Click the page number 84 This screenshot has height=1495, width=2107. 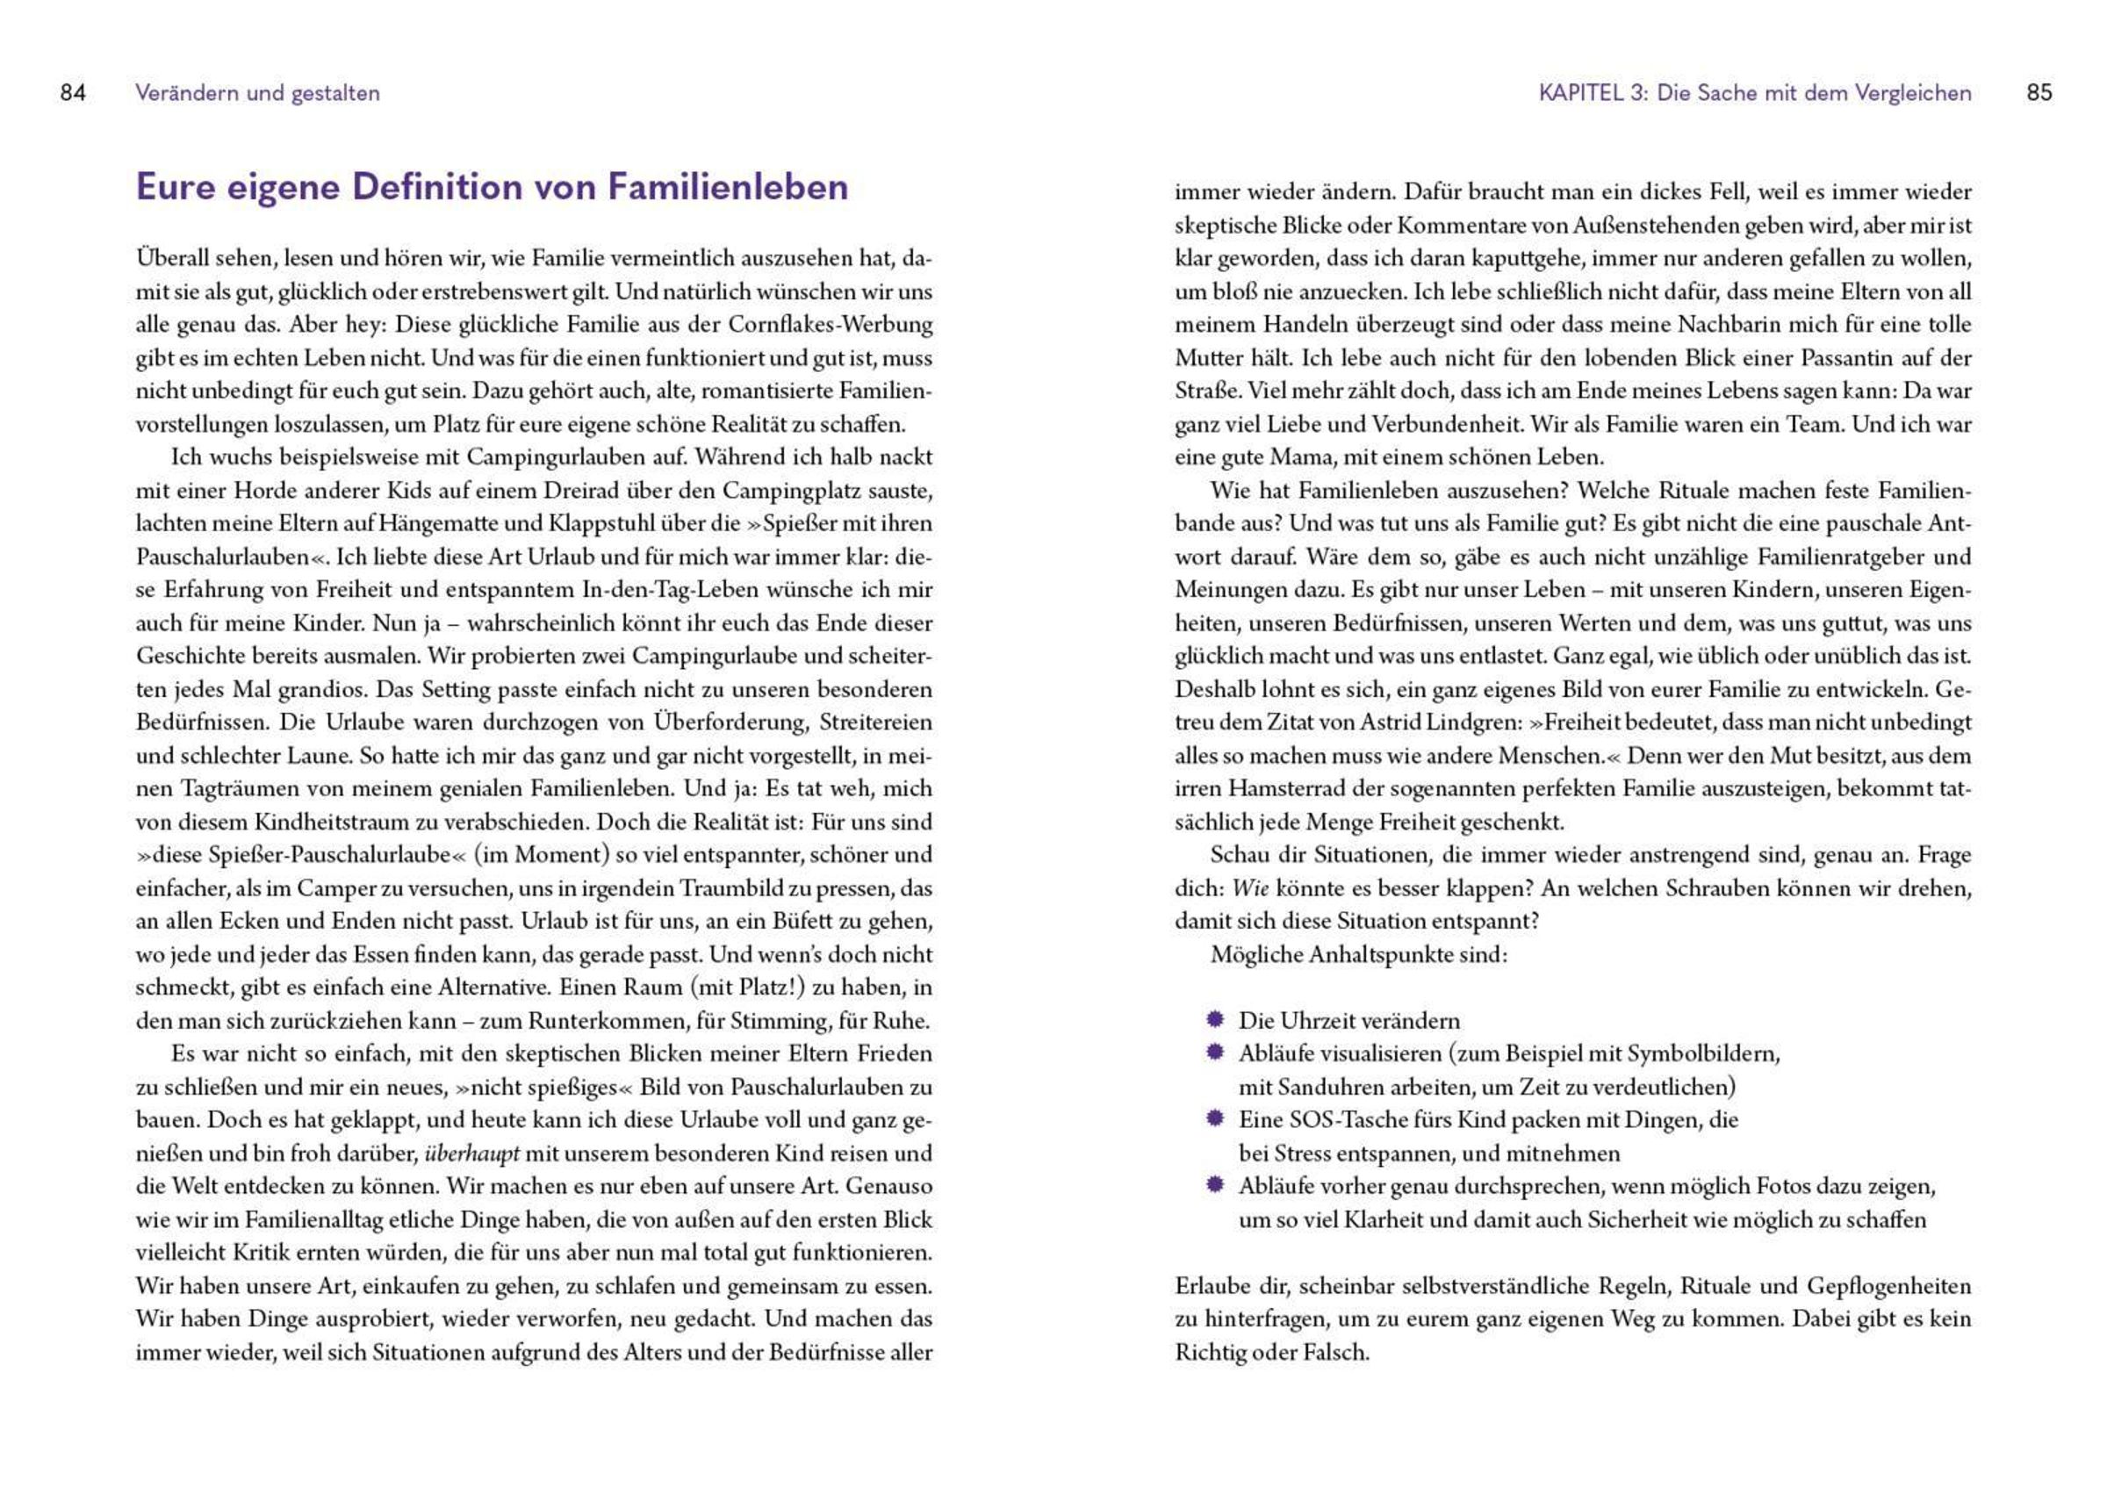[73, 93]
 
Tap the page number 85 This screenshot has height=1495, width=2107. [2039, 93]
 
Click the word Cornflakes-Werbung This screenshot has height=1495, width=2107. [831, 325]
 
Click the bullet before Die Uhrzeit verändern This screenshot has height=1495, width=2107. [1215, 1020]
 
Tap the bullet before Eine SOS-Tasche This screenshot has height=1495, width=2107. [1215, 1119]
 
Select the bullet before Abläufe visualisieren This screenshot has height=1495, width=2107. [1215, 1053]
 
